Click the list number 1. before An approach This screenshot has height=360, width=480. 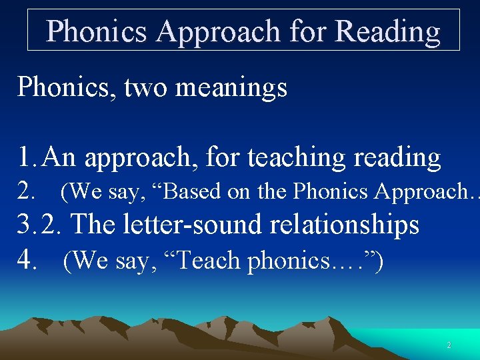tap(29, 157)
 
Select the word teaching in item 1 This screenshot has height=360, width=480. tap(297, 157)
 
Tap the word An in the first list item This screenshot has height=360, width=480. tap(61, 157)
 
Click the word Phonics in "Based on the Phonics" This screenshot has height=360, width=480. tap(331, 192)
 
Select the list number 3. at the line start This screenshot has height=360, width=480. tap(29, 225)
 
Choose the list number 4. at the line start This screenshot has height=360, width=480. tap(29, 260)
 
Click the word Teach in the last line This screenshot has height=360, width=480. tap(213, 261)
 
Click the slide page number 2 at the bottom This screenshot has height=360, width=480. tap(449, 345)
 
